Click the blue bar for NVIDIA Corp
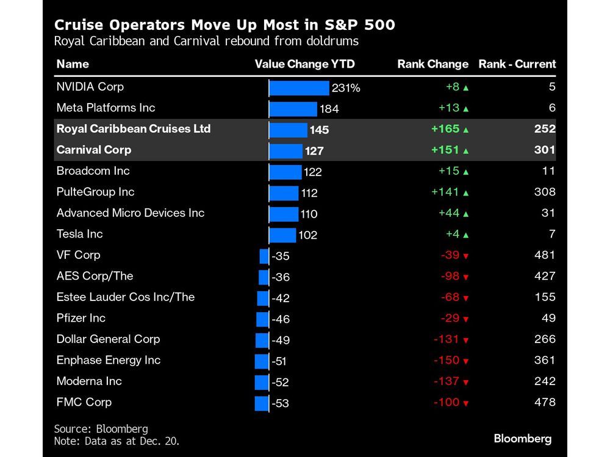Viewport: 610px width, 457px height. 299,88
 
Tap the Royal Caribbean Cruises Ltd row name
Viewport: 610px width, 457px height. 133,129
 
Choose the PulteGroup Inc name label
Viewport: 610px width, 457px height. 95,192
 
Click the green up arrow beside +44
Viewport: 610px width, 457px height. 466,214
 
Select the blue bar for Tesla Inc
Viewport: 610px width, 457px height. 282,235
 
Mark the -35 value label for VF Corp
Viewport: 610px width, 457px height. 281,257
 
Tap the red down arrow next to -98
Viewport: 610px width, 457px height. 466,277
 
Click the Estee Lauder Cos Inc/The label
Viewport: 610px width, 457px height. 125,297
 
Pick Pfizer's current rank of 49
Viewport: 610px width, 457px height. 548,318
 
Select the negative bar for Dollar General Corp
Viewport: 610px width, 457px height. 262,340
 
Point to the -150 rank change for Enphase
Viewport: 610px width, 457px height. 446,360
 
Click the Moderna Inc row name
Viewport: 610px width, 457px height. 89,381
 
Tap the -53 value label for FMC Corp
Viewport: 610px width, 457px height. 281,403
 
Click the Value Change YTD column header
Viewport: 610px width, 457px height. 304,64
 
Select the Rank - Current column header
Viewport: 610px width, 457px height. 517,64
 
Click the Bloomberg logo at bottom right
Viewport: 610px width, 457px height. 522,439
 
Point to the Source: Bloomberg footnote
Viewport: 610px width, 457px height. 101,429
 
